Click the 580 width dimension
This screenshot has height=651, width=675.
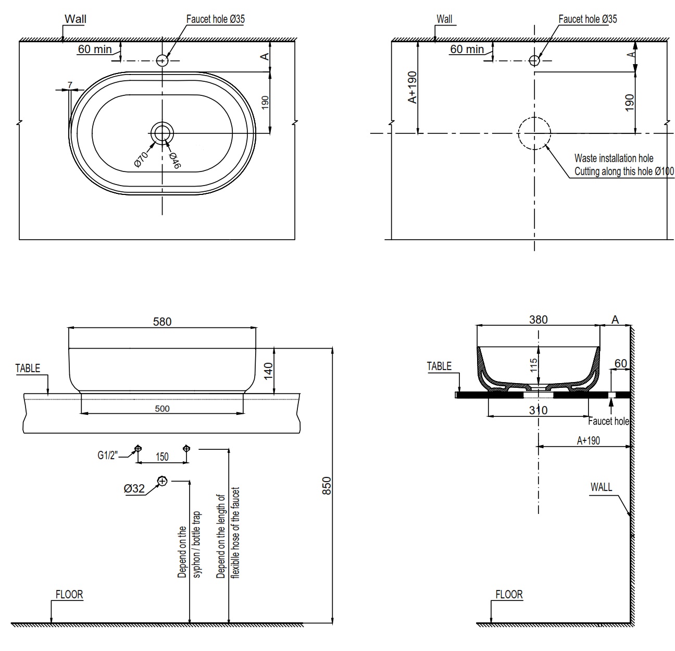point(162,322)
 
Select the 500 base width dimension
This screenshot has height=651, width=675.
point(162,409)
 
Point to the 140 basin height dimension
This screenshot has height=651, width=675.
point(268,371)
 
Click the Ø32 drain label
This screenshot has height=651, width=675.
point(134,488)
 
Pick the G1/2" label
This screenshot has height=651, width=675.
point(108,455)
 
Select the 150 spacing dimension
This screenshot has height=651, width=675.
point(162,457)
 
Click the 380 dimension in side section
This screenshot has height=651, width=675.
point(538,320)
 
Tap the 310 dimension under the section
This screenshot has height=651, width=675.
point(538,410)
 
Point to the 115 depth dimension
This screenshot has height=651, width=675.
point(533,365)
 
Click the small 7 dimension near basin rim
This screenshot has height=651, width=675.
point(70,84)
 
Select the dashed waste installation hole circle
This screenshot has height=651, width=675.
point(534,133)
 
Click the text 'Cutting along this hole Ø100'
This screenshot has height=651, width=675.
point(623,171)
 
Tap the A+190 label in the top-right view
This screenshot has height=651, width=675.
point(412,88)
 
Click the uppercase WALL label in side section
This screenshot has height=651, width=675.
point(601,487)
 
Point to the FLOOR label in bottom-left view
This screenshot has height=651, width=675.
point(69,594)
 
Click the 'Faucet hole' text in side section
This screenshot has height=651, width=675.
point(608,421)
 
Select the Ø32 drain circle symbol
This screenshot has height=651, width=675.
point(162,481)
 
